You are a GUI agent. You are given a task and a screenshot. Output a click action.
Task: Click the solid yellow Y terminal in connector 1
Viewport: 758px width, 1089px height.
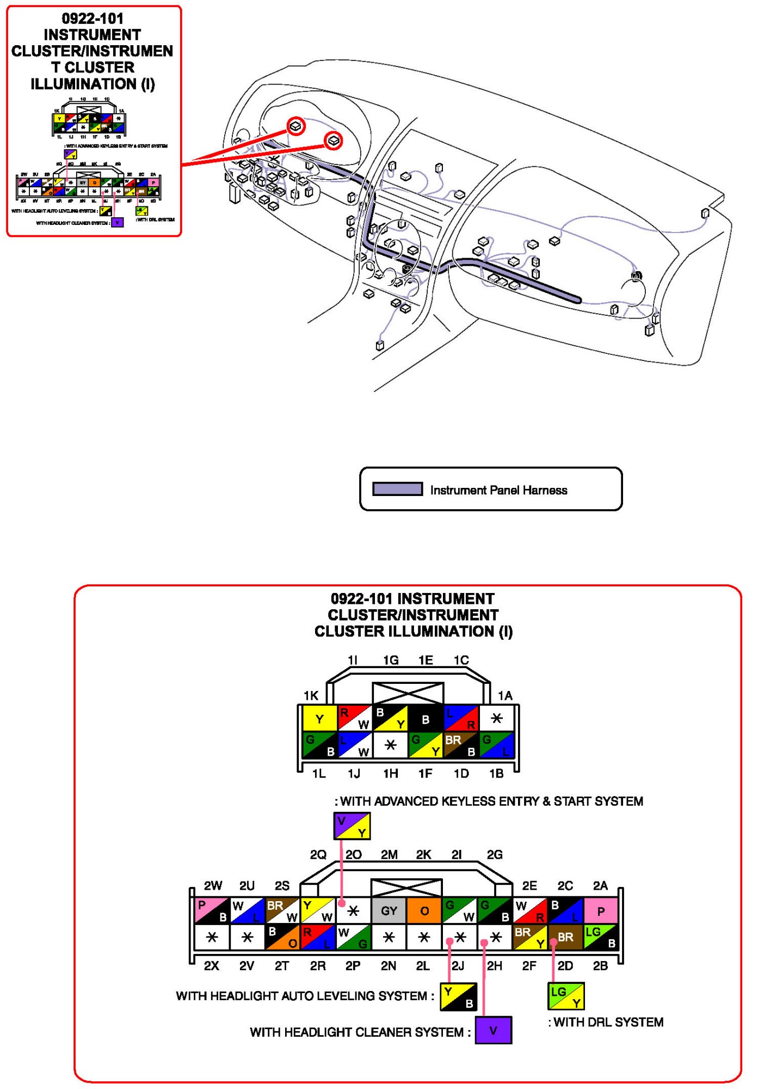tap(319, 718)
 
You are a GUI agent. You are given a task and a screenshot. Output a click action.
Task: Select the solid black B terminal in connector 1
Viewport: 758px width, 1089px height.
tap(426, 719)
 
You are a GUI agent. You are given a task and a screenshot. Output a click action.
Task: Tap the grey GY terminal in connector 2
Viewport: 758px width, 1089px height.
tap(389, 911)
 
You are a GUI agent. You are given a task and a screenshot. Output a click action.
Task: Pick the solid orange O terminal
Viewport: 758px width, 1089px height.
tap(424, 911)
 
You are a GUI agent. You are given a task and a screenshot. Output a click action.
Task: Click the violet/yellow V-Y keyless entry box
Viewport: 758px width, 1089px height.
tap(352, 826)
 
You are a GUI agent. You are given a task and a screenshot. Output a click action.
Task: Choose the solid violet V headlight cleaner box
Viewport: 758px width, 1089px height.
tap(493, 1030)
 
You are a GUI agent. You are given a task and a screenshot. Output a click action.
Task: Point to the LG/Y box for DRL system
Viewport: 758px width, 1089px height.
tap(566, 996)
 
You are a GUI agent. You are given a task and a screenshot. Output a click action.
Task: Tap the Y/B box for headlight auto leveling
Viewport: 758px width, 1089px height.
tap(458, 996)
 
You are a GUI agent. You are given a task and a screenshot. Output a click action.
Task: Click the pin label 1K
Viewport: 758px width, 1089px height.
tap(311, 695)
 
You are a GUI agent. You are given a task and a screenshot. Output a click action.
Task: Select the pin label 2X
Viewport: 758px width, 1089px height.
tap(212, 966)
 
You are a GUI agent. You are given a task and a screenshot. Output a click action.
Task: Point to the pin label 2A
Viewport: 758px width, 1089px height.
tap(600, 886)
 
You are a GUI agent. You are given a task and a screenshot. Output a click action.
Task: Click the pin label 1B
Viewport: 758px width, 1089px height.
tap(496, 774)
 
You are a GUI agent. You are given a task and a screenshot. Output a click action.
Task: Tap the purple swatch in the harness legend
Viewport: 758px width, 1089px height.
tap(397, 489)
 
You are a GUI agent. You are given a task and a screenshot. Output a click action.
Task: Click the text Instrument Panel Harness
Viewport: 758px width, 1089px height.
tap(498, 490)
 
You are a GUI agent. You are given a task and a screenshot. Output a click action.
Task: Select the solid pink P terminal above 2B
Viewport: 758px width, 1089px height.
tap(601, 911)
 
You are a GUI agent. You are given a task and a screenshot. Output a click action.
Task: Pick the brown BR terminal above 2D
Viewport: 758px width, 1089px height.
tap(565, 937)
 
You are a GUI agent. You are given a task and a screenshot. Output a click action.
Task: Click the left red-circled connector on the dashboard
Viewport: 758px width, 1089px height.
tap(296, 126)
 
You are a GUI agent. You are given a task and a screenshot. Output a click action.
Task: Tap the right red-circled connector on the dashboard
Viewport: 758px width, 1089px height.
tap(334, 141)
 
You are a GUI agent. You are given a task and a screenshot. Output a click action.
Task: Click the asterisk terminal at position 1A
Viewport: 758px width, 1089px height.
tap(496, 718)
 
